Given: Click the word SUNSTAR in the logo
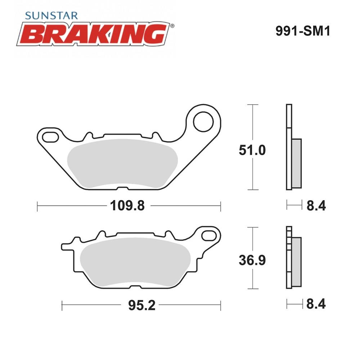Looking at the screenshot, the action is click(51, 15).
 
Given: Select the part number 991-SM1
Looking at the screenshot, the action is click(303, 31).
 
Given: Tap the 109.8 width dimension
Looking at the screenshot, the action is click(127, 206).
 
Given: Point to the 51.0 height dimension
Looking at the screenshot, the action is click(252, 150).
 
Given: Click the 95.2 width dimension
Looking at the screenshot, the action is click(141, 306).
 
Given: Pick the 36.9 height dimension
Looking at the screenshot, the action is click(252, 260).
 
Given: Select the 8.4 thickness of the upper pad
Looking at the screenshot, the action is click(316, 206).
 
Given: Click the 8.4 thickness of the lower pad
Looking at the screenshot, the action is click(316, 304).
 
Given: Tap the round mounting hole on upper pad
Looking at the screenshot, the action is click(203, 122).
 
